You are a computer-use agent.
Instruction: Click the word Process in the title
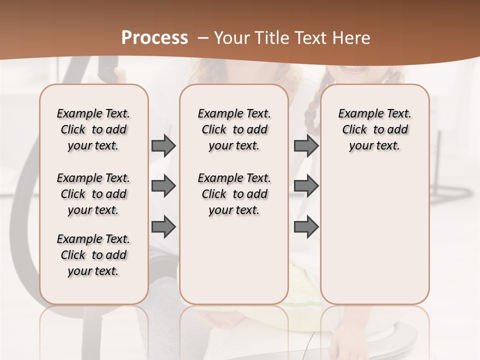tap(154, 38)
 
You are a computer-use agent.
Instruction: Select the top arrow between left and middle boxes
tap(163, 145)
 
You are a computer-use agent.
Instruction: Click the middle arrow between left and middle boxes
tap(163, 186)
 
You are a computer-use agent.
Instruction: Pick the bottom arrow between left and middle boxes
tap(163, 226)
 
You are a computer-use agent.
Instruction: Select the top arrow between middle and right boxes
tap(306, 145)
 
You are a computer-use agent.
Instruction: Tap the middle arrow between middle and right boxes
tap(306, 186)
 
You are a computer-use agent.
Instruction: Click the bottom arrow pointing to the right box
tap(306, 226)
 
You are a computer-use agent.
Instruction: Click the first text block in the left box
tap(93, 129)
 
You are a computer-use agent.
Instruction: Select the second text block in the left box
tap(93, 194)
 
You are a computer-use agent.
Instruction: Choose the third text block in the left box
tap(93, 255)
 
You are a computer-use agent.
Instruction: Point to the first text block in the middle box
tap(234, 129)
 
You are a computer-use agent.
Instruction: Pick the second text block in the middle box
tap(234, 194)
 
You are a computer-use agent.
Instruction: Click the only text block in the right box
tap(375, 129)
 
